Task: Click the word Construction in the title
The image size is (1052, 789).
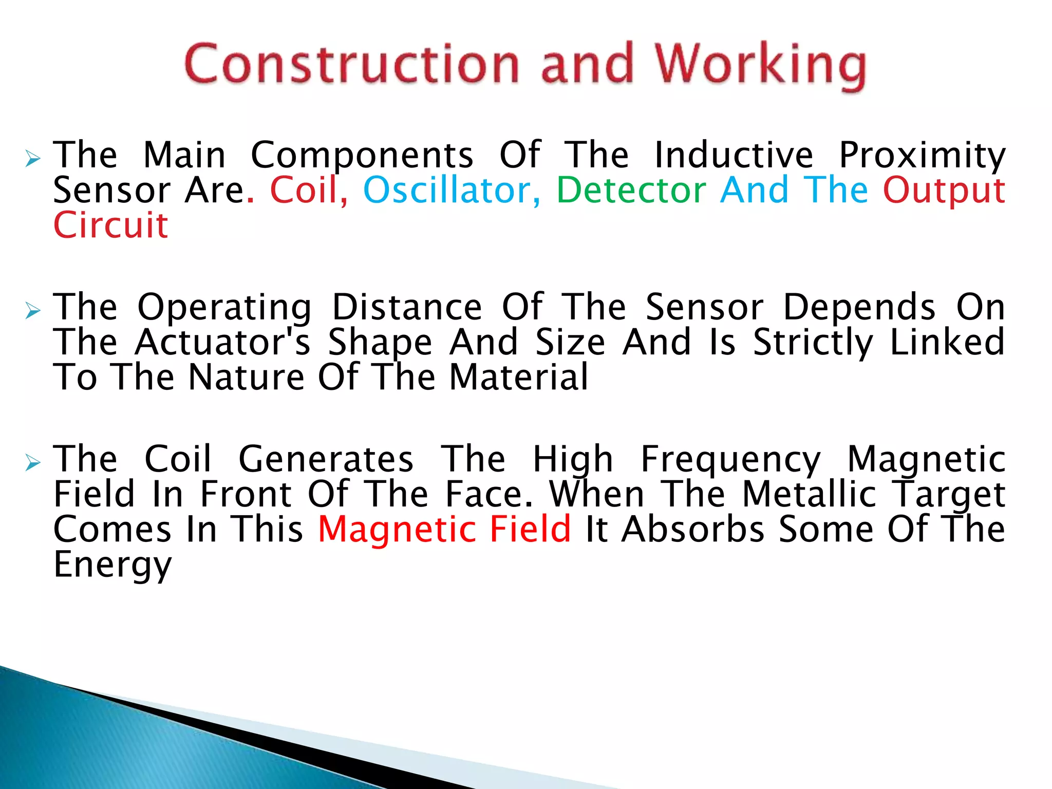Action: [351, 64]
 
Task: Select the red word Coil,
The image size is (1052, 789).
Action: [309, 190]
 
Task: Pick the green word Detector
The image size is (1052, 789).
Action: [631, 190]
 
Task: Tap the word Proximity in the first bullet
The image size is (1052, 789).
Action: [922, 155]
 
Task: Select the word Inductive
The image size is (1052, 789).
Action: [734, 155]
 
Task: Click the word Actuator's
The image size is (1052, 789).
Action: [222, 342]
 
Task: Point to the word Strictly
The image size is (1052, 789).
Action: [813, 343]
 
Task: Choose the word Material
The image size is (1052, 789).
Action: [518, 377]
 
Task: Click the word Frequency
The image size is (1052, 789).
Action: [730, 460]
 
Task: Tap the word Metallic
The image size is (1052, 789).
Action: [810, 494]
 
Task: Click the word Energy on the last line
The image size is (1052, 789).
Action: [112, 565]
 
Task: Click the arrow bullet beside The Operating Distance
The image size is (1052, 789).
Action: [33, 310]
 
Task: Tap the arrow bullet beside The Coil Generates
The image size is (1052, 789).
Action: [33, 463]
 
